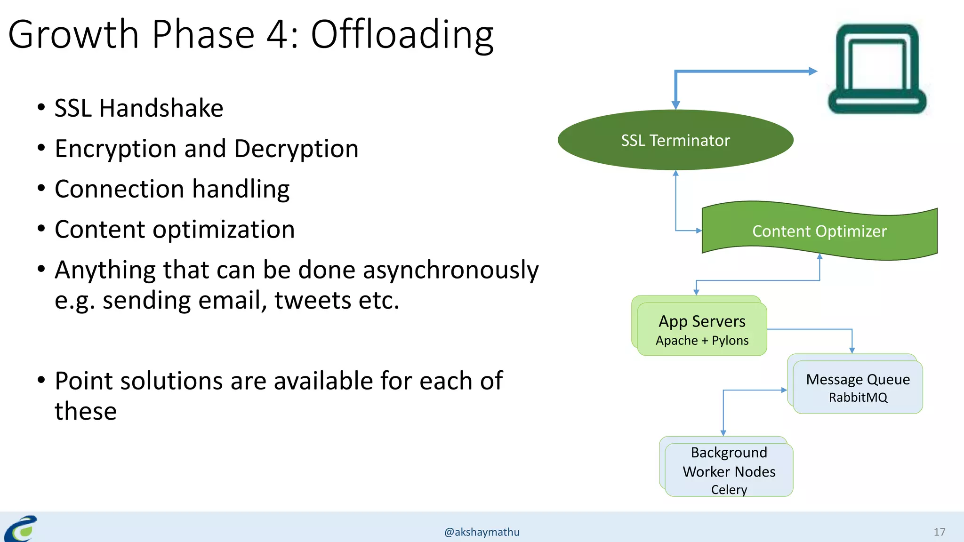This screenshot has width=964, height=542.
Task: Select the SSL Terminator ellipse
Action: pyautogui.click(x=675, y=140)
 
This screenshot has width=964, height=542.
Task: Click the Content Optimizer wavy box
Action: pyautogui.click(x=819, y=231)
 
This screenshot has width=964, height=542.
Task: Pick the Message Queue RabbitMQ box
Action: pyautogui.click(x=858, y=387)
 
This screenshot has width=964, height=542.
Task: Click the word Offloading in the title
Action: pyautogui.click(x=402, y=35)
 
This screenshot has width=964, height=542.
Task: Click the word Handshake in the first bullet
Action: pyautogui.click(x=161, y=108)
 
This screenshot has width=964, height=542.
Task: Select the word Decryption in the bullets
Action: pyautogui.click(x=296, y=149)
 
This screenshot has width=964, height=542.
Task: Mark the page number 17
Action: pyautogui.click(x=939, y=532)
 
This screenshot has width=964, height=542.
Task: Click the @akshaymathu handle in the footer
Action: pyautogui.click(x=482, y=532)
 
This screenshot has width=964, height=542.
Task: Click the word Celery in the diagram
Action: pyautogui.click(x=729, y=490)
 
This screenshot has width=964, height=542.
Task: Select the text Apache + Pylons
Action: pyautogui.click(x=702, y=341)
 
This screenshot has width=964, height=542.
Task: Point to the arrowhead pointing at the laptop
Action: pyautogui.click(x=813, y=72)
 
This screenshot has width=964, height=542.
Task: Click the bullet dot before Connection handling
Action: pyautogui.click(x=41, y=189)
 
